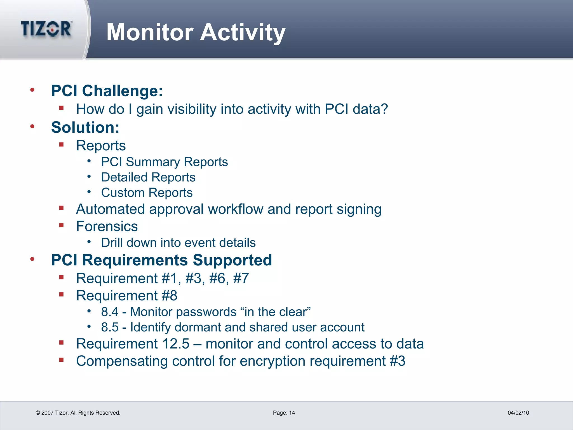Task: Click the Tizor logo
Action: (46, 29)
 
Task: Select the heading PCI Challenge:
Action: (107, 91)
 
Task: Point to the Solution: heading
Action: (85, 127)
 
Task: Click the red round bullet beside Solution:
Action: (32, 127)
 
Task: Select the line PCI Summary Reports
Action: (165, 162)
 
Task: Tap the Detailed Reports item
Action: (148, 177)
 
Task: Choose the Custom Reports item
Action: (147, 193)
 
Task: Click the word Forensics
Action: (107, 226)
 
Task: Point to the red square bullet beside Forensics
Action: (62, 225)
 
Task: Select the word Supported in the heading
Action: (232, 260)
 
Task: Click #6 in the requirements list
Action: (217, 278)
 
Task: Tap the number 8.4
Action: (110, 312)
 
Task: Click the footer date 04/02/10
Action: (518, 413)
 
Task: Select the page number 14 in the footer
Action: (292, 413)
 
